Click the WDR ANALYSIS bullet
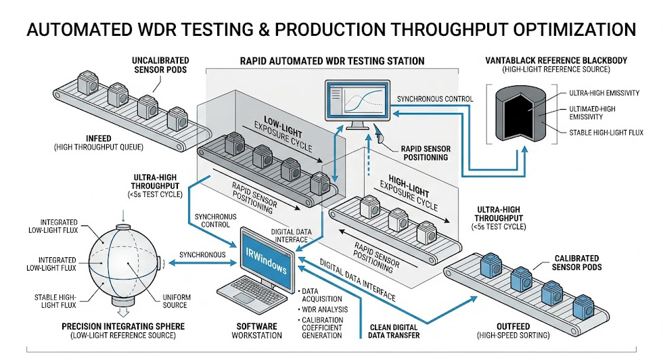pos(326,309)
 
